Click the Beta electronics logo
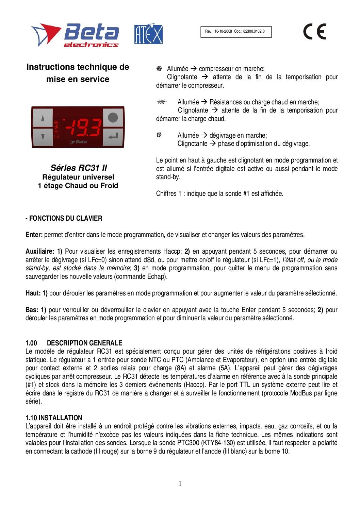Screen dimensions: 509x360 click(75, 35)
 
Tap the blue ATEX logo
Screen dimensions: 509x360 click(148, 34)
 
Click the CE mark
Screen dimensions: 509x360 click(314, 32)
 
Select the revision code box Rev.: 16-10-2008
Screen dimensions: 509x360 click(236, 32)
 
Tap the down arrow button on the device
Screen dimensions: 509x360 click(43, 137)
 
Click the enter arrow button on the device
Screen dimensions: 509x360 click(113, 137)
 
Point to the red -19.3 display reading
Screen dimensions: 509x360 click(83, 128)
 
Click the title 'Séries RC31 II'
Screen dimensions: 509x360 click(79, 168)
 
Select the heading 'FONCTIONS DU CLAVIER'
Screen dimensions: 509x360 click(65, 218)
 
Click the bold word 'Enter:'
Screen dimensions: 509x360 click(34, 235)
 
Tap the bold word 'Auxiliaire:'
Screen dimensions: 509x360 click(39, 251)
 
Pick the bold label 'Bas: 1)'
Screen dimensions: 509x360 click(36, 310)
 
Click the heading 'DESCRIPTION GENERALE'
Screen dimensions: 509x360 click(84, 343)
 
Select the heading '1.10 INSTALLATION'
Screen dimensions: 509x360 click(54, 418)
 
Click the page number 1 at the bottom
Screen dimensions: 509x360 click(180, 484)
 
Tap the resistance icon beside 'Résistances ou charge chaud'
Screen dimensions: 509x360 click(162, 102)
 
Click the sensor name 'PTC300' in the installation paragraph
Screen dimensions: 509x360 click(188, 443)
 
